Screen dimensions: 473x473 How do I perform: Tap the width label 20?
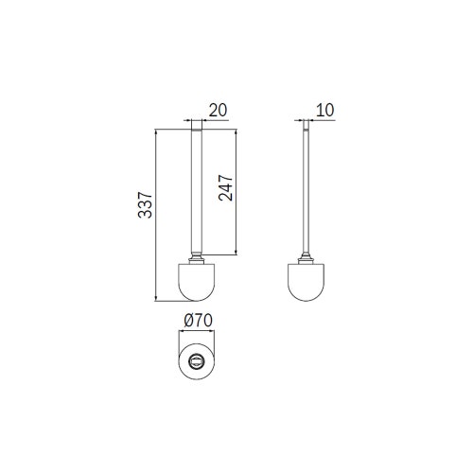click(217, 110)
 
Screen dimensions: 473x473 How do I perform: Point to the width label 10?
click(325, 110)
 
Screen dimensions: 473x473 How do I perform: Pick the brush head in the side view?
click(307, 282)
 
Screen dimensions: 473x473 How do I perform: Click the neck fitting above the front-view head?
click(197, 256)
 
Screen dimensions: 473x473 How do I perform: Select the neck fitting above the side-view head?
click(307, 256)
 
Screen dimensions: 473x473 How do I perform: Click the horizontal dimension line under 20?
click(210, 121)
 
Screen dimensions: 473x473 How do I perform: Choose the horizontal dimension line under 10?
click(320, 121)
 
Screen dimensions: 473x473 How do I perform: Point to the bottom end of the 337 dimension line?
click(157, 300)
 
